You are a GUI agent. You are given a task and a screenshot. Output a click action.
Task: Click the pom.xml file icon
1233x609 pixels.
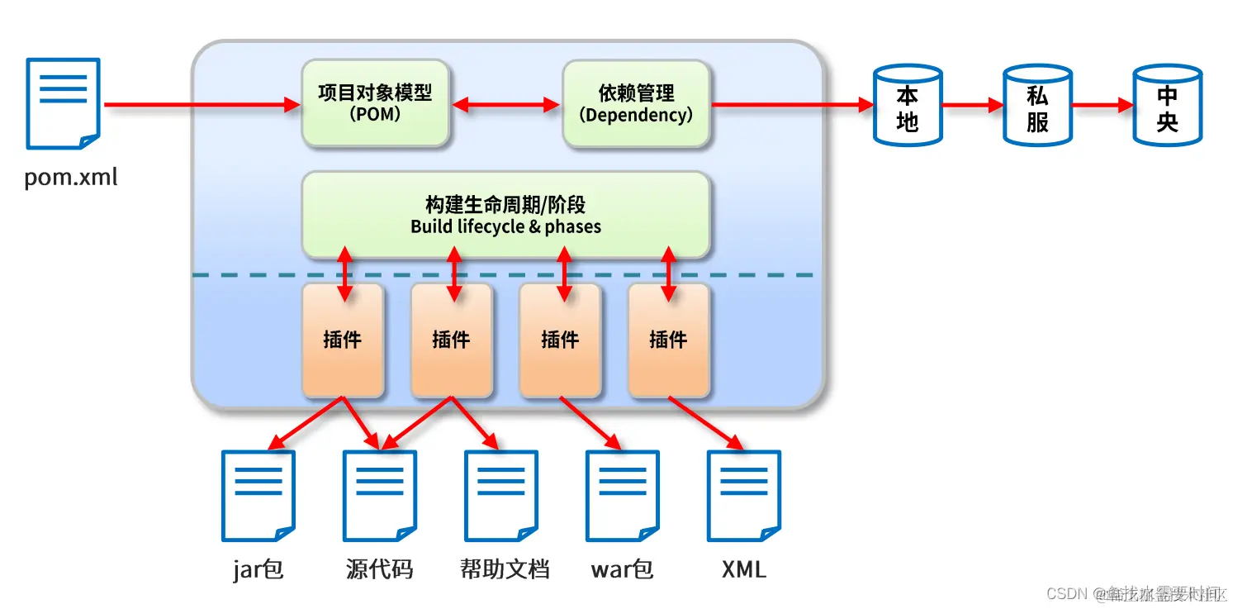point(64,103)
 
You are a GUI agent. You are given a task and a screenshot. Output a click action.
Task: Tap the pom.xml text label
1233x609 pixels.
point(70,177)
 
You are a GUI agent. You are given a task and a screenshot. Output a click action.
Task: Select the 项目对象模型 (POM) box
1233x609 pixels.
point(375,103)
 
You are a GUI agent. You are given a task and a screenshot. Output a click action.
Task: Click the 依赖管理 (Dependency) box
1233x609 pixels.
point(636,103)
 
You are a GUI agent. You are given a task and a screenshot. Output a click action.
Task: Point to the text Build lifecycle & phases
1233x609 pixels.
point(505,226)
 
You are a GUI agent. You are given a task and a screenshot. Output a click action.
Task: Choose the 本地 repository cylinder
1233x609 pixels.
point(908,105)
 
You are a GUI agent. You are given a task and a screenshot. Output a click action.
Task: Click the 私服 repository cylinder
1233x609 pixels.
point(1037,105)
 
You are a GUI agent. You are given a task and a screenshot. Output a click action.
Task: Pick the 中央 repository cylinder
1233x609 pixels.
point(1167,105)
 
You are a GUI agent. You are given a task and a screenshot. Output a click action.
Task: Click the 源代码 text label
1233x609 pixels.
point(379,569)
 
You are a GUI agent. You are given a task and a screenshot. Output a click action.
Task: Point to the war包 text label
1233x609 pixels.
point(622,569)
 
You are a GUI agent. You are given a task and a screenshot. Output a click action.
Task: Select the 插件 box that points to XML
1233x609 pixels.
point(668,340)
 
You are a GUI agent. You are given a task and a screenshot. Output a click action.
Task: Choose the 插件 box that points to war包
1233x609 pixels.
point(560,340)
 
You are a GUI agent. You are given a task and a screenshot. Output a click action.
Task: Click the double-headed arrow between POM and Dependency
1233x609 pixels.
point(505,105)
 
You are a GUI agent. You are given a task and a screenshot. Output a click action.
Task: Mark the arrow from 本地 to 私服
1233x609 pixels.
point(972,106)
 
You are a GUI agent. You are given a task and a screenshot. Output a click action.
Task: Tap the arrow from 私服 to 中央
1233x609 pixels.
point(1102,106)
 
